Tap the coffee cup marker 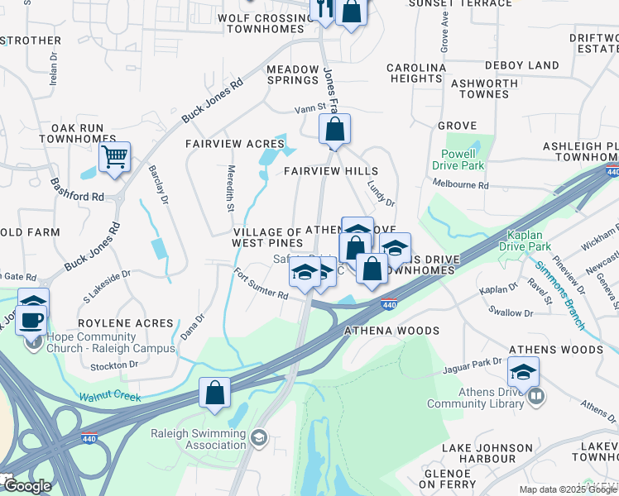pyautogui.click(x=31, y=319)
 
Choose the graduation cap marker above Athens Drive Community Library pyautogui.click(x=523, y=372)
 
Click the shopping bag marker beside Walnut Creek pyautogui.click(x=214, y=393)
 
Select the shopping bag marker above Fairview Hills pyautogui.click(x=335, y=130)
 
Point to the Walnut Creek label pyautogui.click(x=110, y=398)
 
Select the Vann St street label pyautogui.click(x=308, y=109)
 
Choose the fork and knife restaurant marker pyautogui.click(x=323, y=10)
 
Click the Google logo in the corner pyautogui.click(x=26, y=486)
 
